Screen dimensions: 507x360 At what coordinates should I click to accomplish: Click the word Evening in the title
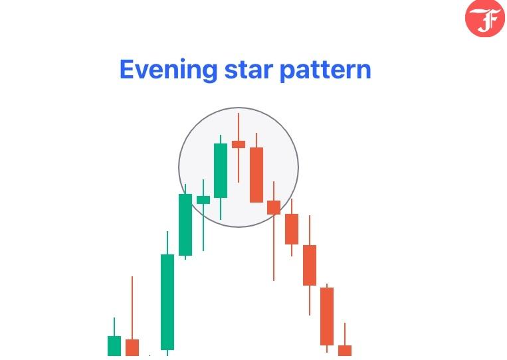(x=168, y=70)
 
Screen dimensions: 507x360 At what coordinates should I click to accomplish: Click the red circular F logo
(x=485, y=18)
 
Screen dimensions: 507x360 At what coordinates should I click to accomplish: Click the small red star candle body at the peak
(x=239, y=144)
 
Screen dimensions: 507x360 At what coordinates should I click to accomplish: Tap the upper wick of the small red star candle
(x=239, y=127)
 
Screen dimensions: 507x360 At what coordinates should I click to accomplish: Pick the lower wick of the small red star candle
(x=239, y=165)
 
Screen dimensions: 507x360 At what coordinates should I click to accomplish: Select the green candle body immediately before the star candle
(x=221, y=171)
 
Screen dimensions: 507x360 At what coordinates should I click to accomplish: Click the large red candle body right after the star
(x=256, y=175)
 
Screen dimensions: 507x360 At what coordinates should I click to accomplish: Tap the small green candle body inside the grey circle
(x=203, y=200)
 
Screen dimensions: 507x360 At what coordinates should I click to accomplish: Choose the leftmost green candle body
(x=114, y=346)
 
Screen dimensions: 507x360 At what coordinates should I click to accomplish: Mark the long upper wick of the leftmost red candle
(x=132, y=308)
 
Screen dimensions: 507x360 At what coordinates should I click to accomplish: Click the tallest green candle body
(x=167, y=302)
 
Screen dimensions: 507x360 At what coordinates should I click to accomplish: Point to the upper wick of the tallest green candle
(x=167, y=243)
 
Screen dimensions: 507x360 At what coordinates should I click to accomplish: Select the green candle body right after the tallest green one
(x=185, y=225)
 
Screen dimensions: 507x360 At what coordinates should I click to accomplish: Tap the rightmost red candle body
(x=345, y=351)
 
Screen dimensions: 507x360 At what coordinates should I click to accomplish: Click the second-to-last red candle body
(x=327, y=316)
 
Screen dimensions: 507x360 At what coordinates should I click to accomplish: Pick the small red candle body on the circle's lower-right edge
(x=274, y=207)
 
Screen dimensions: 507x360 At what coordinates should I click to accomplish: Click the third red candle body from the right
(x=310, y=265)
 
